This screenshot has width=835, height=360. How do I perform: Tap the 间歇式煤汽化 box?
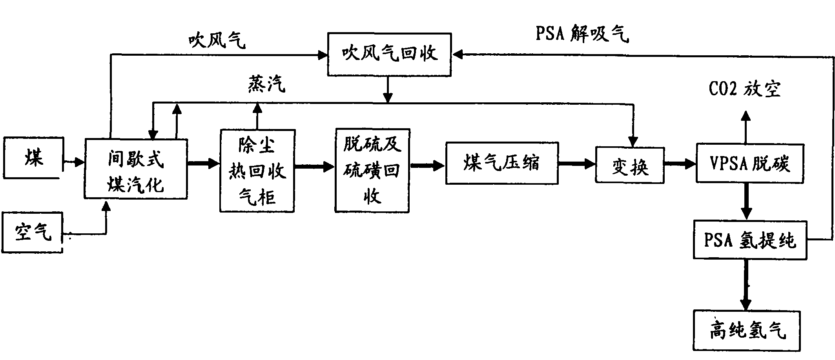136,169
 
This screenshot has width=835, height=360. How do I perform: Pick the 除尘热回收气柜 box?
257,171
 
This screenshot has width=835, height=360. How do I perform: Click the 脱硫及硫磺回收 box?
372,171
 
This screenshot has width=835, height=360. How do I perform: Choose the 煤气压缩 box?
502,164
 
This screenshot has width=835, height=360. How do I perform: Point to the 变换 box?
630,165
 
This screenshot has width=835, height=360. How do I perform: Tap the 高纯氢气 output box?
747,330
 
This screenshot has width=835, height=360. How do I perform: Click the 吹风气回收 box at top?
389,54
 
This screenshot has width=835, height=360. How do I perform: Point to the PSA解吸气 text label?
582,34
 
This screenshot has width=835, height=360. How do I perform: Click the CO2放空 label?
744,89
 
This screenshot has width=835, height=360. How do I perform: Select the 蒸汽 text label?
266,84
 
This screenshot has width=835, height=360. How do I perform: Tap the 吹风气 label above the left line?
217,40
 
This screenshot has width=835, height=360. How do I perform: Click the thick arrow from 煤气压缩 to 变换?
577,164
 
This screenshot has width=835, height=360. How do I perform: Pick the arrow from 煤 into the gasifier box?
73,161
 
